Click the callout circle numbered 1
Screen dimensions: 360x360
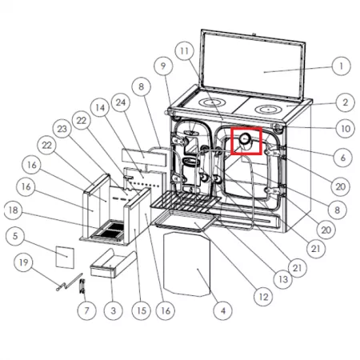[341, 66]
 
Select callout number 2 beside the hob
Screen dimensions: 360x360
[345, 102]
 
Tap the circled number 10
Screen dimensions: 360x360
[346, 129]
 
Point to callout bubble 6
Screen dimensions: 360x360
[343, 158]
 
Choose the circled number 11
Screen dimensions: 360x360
[185, 50]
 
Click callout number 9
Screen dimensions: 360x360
[163, 66]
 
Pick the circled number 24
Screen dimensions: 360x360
[121, 102]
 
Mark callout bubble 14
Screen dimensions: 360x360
[100, 107]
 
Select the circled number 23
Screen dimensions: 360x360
[62, 129]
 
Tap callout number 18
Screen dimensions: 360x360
[14, 210]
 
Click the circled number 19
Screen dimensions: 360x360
[23, 262]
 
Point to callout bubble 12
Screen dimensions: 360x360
[263, 297]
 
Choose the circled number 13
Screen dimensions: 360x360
[283, 279]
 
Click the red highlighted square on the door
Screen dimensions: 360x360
[246, 141]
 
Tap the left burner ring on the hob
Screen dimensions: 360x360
[212, 102]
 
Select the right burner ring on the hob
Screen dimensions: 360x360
[269, 109]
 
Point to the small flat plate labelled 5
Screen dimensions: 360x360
[65, 257]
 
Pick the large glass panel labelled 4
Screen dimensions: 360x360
[187, 264]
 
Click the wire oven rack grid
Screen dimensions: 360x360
[186, 201]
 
